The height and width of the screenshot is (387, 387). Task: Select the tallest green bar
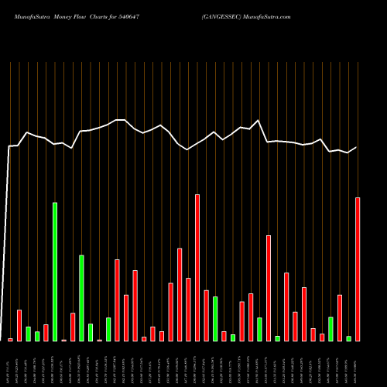[55, 271]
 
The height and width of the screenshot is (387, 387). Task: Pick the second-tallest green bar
[81, 298]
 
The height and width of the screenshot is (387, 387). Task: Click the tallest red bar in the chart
[197, 267]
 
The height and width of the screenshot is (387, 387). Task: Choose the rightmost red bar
[358, 269]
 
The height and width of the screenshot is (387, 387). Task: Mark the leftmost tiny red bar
[11, 339]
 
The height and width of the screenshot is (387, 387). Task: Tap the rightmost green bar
[348, 338]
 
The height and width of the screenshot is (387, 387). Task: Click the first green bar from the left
[29, 334]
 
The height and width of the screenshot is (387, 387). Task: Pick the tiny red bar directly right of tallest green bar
[63, 340]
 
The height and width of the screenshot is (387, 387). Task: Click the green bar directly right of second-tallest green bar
[91, 332]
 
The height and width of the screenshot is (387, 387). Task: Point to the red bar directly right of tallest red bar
[206, 315]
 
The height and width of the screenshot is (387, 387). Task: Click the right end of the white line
[357, 147]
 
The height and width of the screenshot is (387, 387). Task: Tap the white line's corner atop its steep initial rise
[10, 146]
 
